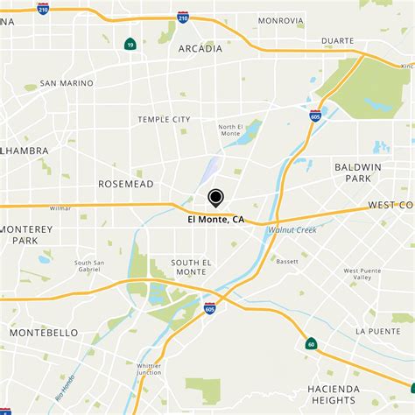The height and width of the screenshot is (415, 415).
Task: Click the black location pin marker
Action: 215,199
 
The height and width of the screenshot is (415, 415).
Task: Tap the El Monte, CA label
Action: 215,221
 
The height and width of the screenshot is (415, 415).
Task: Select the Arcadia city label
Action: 200,49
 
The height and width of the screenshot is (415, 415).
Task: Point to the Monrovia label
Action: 280,20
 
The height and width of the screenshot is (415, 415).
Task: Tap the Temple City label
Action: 164,119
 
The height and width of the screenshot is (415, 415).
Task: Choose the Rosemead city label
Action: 125,184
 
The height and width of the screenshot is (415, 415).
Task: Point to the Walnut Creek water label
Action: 292,229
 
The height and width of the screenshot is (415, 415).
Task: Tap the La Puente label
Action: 377,330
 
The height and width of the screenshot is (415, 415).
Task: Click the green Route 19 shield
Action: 130,43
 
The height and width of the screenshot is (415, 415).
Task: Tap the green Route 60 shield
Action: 311,344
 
